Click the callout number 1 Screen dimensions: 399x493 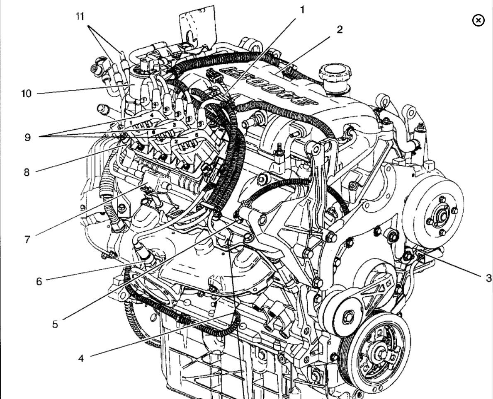click(302, 10)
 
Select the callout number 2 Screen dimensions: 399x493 click(340, 29)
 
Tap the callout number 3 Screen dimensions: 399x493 click(489, 278)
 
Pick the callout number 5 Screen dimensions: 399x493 click(55, 324)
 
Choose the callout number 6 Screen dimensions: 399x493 click(39, 281)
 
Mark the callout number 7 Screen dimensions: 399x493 click(27, 239)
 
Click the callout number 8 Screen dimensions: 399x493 click(27, 172)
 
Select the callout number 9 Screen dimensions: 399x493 click(27, 137)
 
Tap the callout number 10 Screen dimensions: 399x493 click(27, 93)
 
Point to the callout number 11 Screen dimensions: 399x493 click(80, 16)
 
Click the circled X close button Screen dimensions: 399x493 click(478, 20)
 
